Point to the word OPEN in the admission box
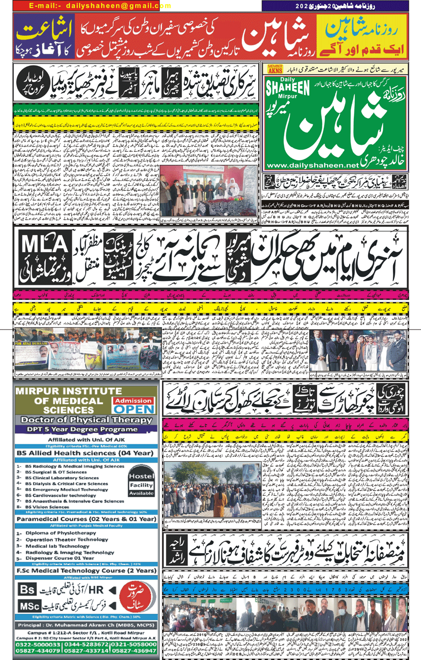(x=133, y=409)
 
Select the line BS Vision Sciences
(x=53, y=506)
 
